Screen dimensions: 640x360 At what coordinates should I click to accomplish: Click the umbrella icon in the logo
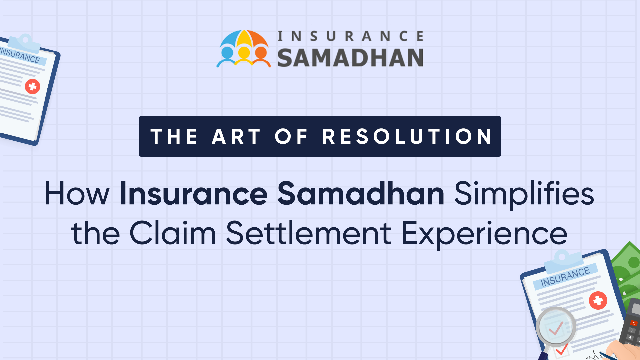244,49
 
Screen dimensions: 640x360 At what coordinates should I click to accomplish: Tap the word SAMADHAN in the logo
350,58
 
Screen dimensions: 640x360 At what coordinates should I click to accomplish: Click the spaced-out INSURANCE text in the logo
350,36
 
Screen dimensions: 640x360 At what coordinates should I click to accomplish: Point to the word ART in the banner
236,136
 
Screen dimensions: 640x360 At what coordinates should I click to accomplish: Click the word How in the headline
77,193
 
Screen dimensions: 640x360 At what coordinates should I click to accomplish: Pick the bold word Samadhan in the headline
361,193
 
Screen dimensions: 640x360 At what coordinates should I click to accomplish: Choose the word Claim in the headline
173,232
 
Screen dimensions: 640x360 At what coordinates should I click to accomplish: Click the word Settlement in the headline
309,232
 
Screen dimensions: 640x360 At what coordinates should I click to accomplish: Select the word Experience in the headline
484,234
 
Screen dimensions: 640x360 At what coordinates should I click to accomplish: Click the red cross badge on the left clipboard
32,87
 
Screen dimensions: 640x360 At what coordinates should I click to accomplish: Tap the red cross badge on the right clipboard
598,300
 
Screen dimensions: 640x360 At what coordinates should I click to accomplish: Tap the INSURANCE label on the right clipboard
565,277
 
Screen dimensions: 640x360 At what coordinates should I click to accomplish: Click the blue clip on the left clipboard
24,43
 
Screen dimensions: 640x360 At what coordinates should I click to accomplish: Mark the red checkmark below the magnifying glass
562,349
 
